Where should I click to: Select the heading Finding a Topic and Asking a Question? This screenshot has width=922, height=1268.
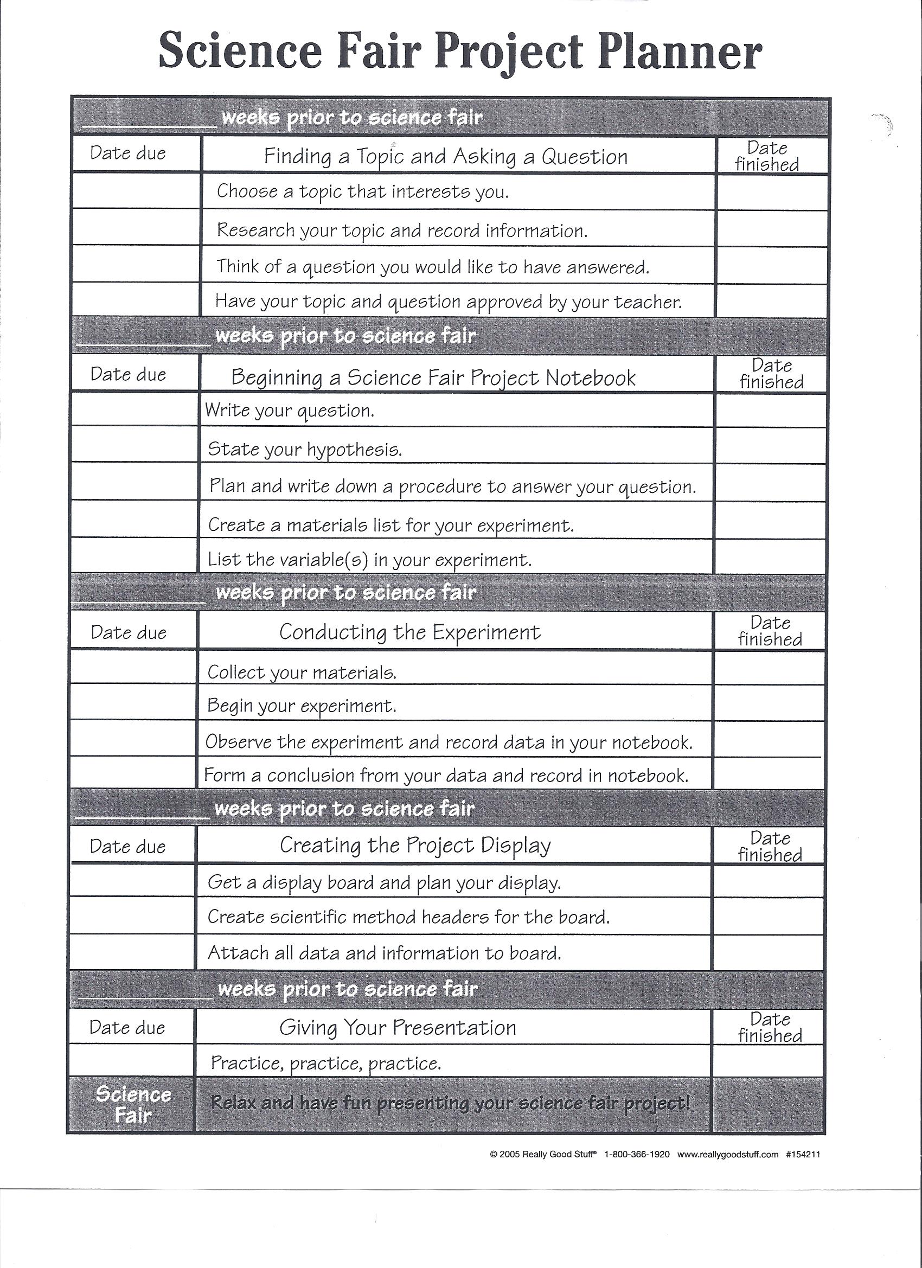click(x=446, y=157)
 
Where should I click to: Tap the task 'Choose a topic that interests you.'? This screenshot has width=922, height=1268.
click(x=363, y=192)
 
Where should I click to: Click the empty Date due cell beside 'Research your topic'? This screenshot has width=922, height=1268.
click(x=136, y=227)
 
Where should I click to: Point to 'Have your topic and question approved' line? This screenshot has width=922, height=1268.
click(x=449, y=302)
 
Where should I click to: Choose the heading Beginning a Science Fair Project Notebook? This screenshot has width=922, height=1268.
click(x=433, y=378)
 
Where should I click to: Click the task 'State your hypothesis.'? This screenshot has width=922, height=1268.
click(x=305, y=450)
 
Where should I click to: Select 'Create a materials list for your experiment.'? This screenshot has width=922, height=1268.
click(x=391, y=525)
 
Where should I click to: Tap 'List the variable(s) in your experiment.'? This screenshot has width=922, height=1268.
click(x=369, y=560)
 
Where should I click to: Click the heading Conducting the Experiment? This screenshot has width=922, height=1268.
click(x=410, y=632)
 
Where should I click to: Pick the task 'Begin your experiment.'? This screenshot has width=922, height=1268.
click(x=302, y=706)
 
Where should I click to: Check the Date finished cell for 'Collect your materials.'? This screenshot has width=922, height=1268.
click(x=770, y=668)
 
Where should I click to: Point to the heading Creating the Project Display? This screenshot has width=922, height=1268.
click(x=415, y=845)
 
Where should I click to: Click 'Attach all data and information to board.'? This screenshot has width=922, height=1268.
click(x=384, y=953)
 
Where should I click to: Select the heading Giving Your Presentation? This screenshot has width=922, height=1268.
click(x=398, y=1027)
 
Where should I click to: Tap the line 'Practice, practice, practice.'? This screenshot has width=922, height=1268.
click(x=326, y=1063)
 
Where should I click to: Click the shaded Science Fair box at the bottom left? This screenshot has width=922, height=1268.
click(x=132, y=1104)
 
